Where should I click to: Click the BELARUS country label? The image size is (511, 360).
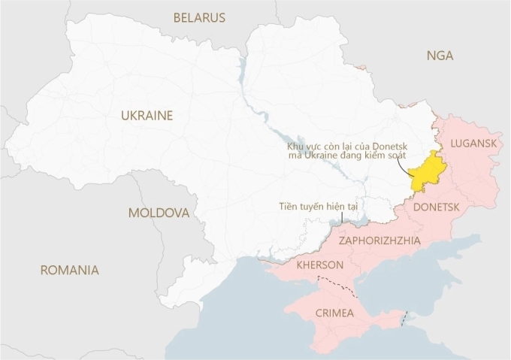(199, 17)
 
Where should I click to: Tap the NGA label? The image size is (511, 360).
(439, 56)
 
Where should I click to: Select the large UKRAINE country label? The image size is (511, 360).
(147, 116)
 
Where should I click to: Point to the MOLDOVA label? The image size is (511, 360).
(158, 213)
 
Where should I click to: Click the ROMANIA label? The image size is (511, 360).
(69, 270)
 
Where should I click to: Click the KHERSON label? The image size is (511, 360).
(321, 265)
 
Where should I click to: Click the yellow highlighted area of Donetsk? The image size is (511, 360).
(426, 171)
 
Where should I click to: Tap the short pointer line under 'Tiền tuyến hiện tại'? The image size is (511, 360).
(343, 216)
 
